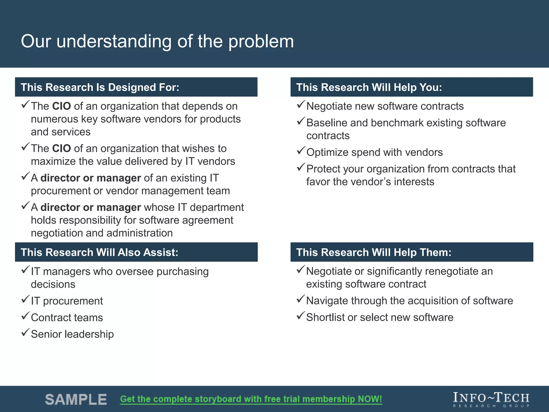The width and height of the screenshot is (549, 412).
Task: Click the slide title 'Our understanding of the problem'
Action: tap(157, 42)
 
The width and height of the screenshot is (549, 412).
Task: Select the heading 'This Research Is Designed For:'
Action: tap(100, 87)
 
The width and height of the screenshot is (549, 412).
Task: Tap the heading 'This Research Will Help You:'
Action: tap(369, 87)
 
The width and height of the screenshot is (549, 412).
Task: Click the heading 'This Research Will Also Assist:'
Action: tap(99, 252)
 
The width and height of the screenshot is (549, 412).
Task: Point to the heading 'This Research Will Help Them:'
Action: tap(374, 252)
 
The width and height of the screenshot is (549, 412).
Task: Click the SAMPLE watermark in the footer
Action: tap(76, 399)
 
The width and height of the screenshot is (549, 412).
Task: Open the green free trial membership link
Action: tap(251, 399)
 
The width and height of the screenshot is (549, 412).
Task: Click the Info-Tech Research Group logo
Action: tap(491, 399)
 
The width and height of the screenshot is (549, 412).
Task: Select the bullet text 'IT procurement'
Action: tap(67, 301)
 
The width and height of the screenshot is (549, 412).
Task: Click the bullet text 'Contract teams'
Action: tap(67, 318)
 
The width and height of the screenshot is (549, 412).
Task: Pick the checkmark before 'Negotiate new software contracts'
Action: tap(301, 104)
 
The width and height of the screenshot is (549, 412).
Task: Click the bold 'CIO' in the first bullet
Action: tap(61, 106)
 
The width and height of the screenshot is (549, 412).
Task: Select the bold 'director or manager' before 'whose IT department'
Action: tap(91, 207)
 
